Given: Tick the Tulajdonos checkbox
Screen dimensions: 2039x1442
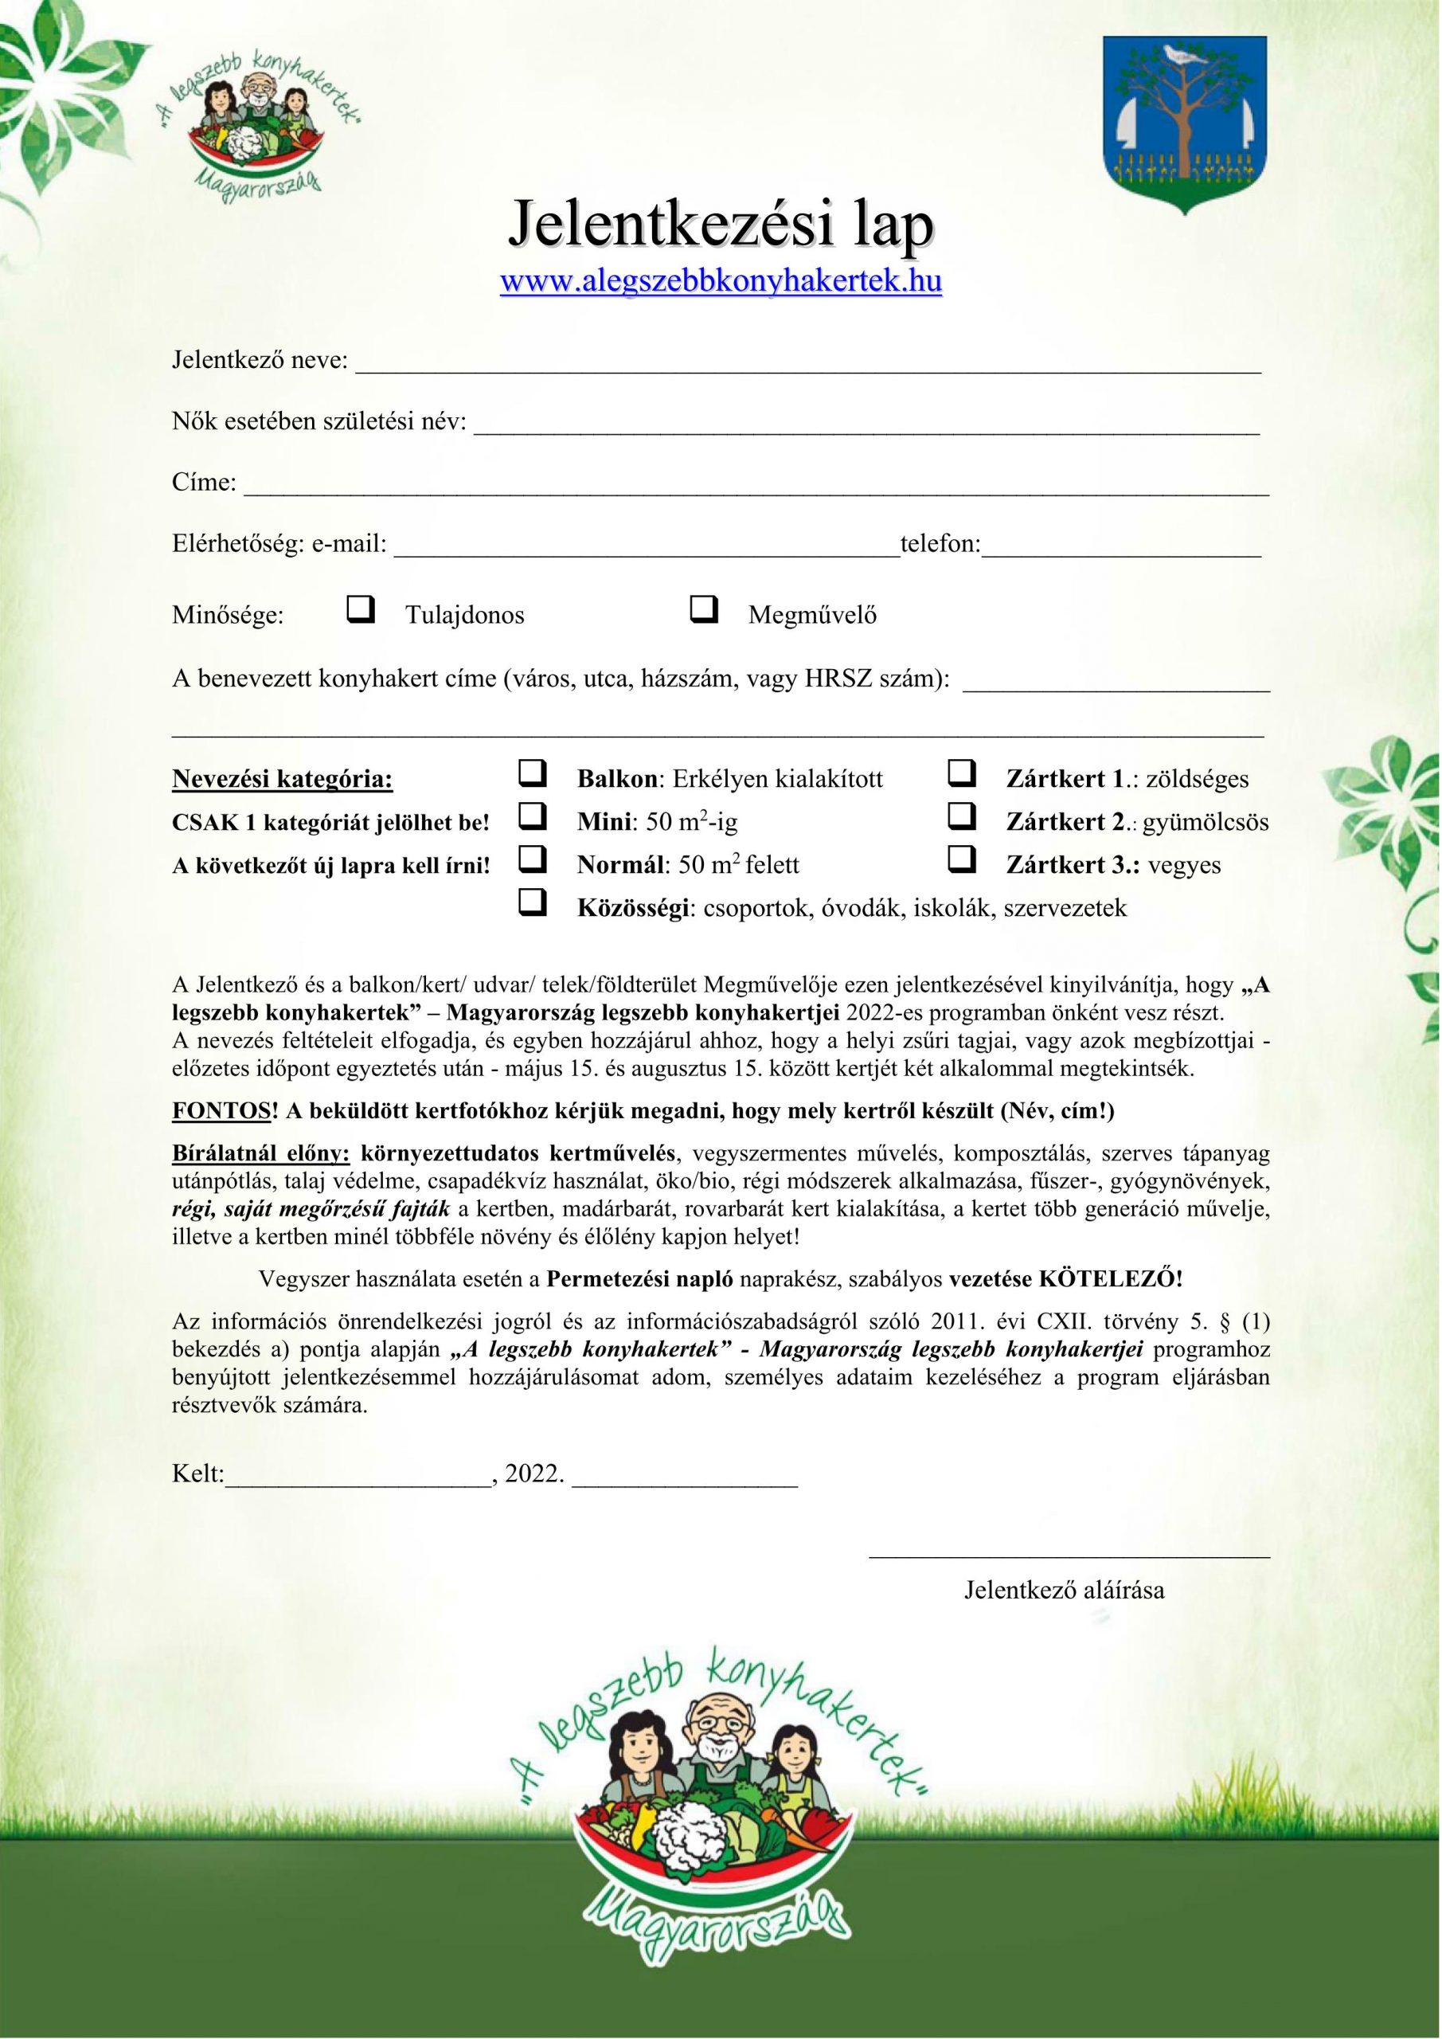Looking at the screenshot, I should tap(361, 609).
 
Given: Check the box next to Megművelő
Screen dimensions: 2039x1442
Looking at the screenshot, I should tap(703, 609).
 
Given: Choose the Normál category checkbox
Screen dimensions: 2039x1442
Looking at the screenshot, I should tap(532, 859).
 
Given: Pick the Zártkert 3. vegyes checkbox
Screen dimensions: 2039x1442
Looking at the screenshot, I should tap(963, 859).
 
